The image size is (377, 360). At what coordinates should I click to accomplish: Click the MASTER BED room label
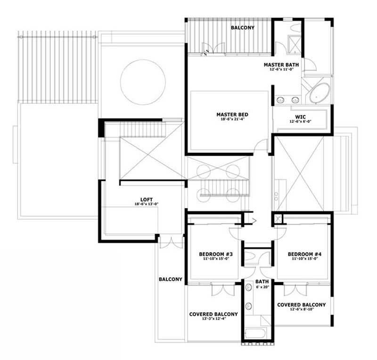232,115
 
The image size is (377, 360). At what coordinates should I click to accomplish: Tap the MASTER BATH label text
281,65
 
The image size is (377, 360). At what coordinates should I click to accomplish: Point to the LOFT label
147,200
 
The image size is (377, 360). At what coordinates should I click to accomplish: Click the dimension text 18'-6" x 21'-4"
232,120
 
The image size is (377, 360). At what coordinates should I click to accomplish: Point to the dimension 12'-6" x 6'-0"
301,121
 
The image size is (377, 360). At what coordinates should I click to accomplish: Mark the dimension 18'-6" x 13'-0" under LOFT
147,205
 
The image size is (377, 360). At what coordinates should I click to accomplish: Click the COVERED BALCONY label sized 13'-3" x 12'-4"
213,314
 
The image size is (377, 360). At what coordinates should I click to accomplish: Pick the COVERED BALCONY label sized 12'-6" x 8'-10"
302,305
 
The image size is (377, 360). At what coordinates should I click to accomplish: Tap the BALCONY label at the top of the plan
243,28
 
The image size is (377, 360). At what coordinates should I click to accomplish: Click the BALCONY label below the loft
171,279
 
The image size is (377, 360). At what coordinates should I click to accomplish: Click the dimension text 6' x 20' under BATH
262,287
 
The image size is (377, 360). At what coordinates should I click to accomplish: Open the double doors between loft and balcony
171,241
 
